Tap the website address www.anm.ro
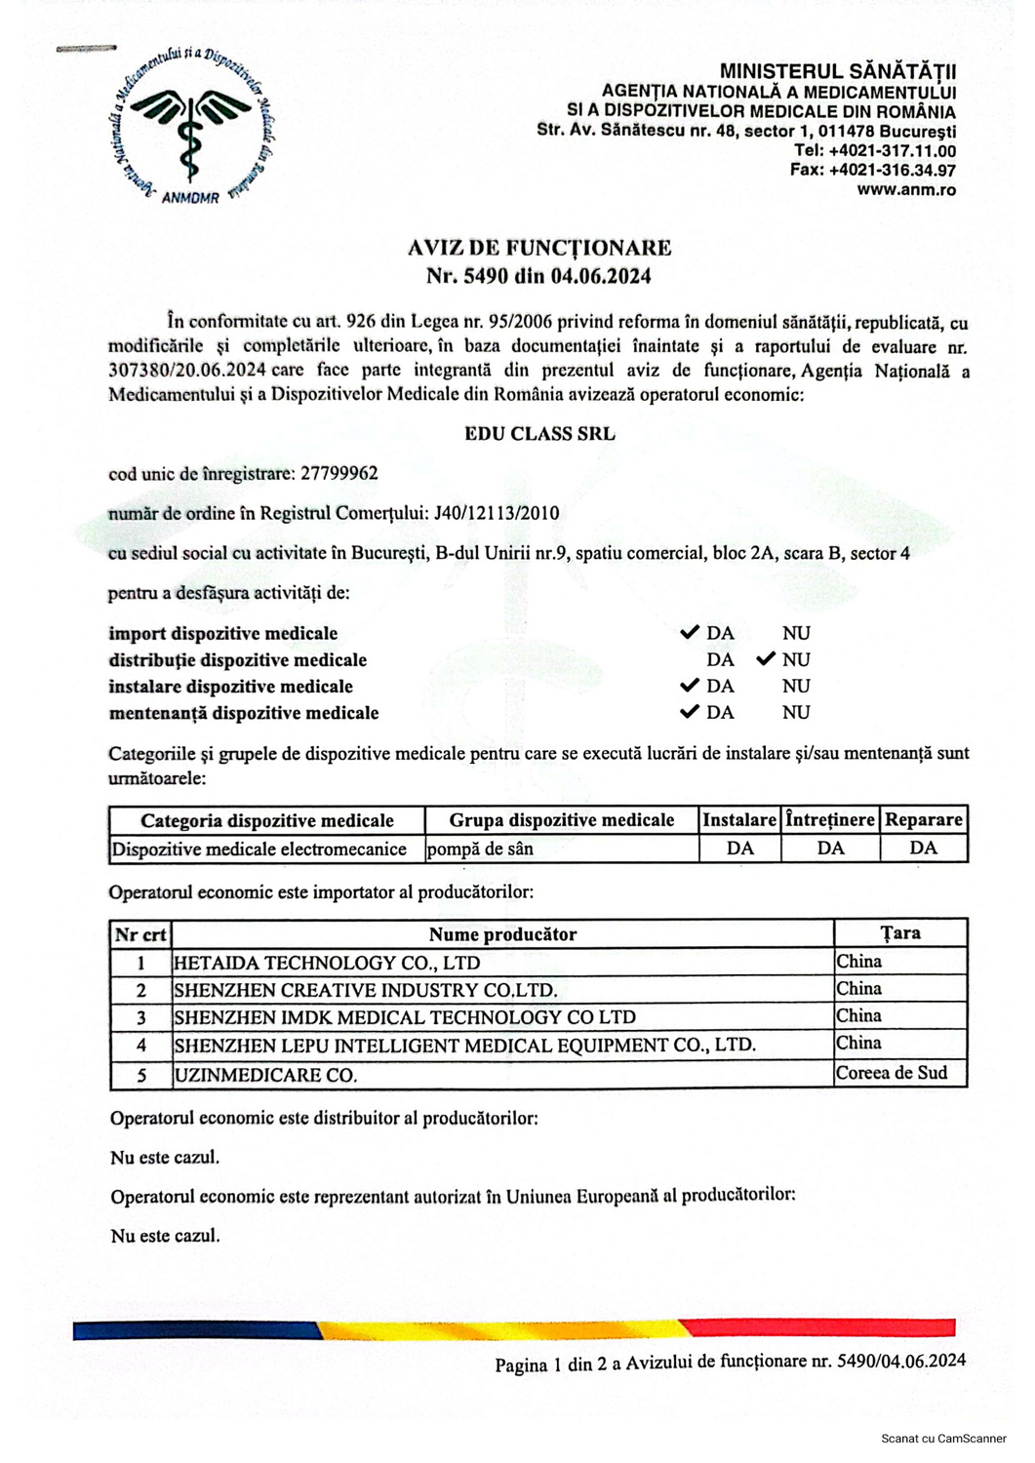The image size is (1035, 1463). coord(906,190)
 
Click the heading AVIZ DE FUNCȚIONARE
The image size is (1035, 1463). coord(538,248)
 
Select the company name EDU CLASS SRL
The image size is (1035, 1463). coord(539,434)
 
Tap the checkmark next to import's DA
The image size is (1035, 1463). coord(690,633)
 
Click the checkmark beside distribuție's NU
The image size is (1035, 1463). coord(766,659)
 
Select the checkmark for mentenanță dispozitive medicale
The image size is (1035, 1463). coord(690,712)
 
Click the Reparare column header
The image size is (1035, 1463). coord(923,820)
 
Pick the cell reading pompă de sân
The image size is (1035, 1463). coord(480,849)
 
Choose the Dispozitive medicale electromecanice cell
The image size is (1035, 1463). coord(259,850)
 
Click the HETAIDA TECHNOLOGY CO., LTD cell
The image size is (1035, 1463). coord(327,963)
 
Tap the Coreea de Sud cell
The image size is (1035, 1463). coord(891,1073)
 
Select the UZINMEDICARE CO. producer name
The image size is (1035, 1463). coord(265,1075)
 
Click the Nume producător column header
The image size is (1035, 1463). coord(502,934)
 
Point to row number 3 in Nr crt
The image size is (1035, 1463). coord(141,1017)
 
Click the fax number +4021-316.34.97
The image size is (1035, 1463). coord(892,171)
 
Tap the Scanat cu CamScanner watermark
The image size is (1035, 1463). coord(942,1439)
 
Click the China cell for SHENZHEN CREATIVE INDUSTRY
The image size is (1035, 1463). coord(858,989)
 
